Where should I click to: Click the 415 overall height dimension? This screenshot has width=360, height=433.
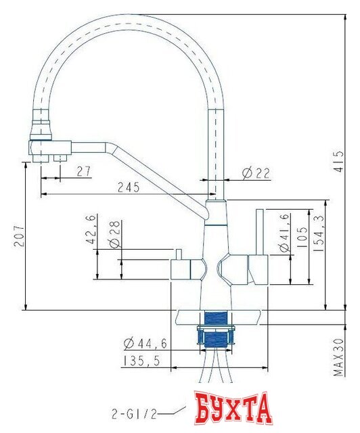[340, 162]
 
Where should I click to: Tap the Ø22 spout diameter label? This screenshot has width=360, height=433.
[256, 173]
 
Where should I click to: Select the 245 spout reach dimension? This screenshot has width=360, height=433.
[129, 187]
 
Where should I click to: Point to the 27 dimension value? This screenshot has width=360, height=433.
[84, 171]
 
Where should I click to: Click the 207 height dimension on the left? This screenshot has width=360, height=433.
[20, 235]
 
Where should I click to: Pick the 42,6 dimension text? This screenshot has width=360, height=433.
[91, 229]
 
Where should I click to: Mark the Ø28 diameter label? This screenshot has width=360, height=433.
[114, 234]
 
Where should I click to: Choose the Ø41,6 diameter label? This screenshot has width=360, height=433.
[285, 233]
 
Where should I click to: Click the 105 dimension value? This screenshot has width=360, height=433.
[302, 237]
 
